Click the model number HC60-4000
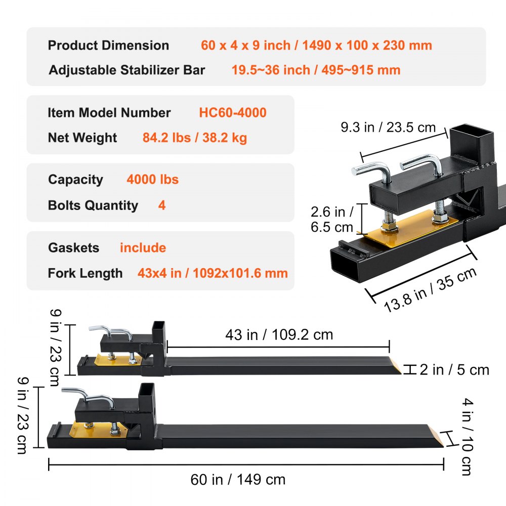[233, 112]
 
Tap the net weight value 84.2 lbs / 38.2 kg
[195, 138]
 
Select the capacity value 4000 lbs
[152, 180]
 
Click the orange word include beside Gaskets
[143, 248]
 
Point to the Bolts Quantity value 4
[162, 205]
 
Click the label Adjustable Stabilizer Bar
[127, 70]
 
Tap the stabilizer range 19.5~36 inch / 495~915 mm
[316, 70]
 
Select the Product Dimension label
[108, 45]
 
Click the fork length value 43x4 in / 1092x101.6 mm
[213, 274]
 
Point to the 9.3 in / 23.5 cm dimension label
[388, 128]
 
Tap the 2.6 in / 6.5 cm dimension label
[332, 218]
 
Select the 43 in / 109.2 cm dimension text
[279, 334]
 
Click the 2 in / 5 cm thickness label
[454, 370]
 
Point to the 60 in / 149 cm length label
[238, 479]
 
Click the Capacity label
[75, 180]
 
